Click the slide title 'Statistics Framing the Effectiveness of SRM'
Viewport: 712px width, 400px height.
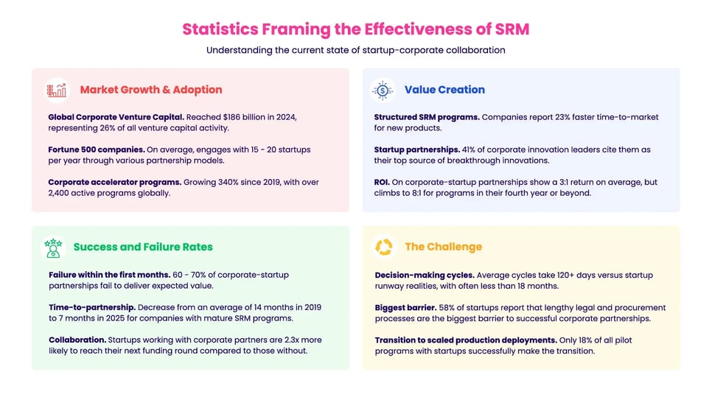tap(355, 29)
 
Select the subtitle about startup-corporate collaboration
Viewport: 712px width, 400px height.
tap(355, 50)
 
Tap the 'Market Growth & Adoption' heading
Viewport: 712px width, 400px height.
tap(150, 90)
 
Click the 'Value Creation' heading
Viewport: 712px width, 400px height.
tap(444, 90)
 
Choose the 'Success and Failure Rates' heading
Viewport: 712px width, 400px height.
tap(143, 247)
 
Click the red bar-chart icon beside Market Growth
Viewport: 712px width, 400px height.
tap(56, 90)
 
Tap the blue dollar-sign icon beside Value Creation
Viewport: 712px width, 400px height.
tap(383, 90)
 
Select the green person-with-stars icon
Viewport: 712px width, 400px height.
tap(52, 247)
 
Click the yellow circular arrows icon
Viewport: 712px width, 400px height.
tap(383, 247)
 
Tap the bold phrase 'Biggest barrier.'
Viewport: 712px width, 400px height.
tap(407, 307)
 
